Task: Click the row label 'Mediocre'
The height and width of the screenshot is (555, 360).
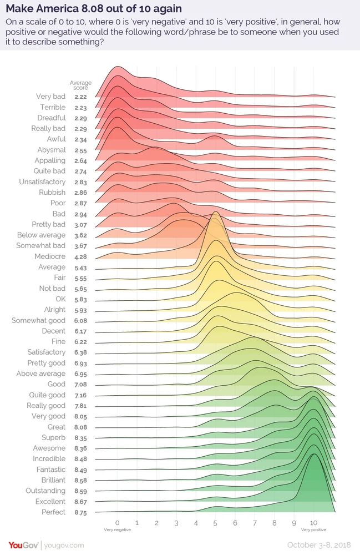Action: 50,256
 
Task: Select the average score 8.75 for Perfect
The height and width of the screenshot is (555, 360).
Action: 82,512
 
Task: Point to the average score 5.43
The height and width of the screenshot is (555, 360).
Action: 82,268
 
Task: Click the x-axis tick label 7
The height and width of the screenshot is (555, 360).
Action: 255,522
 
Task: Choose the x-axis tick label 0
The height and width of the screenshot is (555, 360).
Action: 117,522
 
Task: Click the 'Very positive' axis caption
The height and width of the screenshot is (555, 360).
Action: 313,530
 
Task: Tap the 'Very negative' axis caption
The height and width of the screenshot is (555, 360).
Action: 117,530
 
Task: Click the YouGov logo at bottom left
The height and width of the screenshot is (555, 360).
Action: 23,545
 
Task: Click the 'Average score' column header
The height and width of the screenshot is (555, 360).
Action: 80,85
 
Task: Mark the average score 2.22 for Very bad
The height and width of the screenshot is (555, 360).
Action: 82,97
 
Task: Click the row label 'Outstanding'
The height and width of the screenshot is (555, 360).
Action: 45,491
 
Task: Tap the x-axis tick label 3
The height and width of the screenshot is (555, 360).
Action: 176,522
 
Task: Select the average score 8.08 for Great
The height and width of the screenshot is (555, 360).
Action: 82,427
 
